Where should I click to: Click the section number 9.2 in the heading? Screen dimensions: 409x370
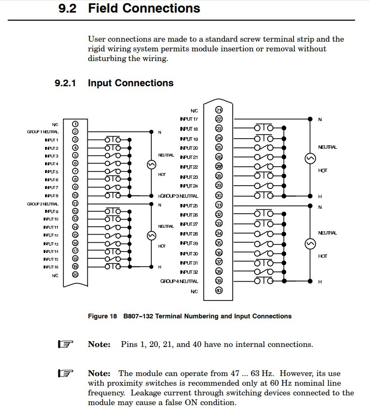(x=67, y=8)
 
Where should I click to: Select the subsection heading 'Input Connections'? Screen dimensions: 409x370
(x=130, y=83)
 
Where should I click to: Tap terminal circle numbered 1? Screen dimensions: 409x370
(x=75, y=124)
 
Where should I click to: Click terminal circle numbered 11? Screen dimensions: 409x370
(x=75, y=204)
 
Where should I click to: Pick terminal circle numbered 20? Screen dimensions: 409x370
(x=75, y=274)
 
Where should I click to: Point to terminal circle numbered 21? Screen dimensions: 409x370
(x=219, y=110)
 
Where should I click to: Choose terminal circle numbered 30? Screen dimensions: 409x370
(x=219, y=196)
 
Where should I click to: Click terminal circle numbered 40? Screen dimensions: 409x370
(x=219, y=291)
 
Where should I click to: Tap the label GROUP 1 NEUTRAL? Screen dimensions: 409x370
(x=43, y=132)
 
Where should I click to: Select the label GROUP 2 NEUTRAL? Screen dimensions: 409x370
(x=43, y=204)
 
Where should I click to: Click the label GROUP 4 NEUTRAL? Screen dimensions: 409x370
(x=179, y=281)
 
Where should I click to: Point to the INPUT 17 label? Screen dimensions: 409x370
(x=189, y=119)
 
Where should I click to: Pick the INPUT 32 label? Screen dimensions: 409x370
(x=189, y=272)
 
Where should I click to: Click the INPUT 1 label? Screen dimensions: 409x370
(x=51, y=140)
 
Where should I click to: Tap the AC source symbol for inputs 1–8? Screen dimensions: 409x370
(x=150, y=165)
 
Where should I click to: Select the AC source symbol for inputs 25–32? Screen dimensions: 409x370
(x=310, y=243)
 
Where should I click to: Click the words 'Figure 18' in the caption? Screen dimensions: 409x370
(x=102, y=316)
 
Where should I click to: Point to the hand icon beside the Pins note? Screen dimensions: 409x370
(x=65, y=345)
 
